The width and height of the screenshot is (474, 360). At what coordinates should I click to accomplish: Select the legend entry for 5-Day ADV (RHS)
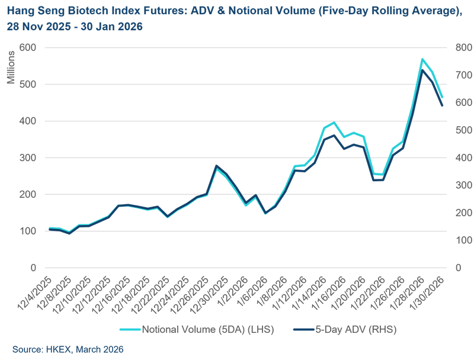coord(347,329)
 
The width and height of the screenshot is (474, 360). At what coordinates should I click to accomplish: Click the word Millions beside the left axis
coord(11,72)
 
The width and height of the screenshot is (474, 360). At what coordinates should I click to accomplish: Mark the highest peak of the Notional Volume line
coord(422,59)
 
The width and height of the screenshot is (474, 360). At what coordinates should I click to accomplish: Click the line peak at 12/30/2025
coord(216,166)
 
